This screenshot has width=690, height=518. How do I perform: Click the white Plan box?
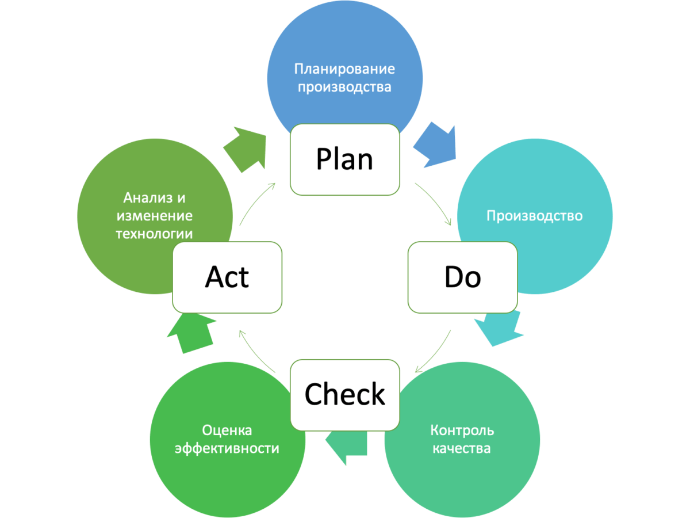(344, 159)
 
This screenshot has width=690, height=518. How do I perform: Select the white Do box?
(462, 277)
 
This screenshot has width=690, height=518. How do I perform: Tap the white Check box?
(344, 395)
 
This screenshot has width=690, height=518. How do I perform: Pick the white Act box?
(227, 277)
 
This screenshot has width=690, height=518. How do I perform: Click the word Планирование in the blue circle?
(344, 69)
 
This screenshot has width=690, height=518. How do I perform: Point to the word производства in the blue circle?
(344, 87)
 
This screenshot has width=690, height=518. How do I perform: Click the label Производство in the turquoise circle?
(534, 216)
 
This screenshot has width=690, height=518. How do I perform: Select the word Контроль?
(462, 430)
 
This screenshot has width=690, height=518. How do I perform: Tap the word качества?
(462, 448)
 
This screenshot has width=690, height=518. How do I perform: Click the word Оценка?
(227, 430)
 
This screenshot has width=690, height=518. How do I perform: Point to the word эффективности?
(227, 448)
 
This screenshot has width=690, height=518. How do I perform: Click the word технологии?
(154, 234)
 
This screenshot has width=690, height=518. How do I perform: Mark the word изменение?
(154, 216)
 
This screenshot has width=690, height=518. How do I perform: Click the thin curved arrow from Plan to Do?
(437, 201)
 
